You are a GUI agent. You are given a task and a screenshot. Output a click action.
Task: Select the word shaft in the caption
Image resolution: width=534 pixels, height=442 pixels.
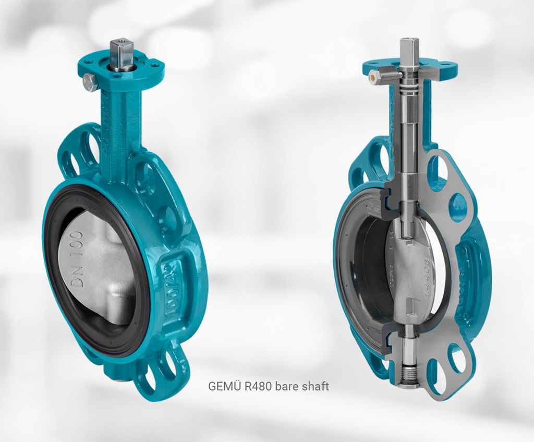click(x=316, y=387)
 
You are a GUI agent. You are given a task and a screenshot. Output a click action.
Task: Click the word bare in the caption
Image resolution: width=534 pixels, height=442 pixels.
click(x=286, y=387)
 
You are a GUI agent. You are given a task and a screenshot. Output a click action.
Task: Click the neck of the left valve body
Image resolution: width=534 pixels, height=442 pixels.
click(x=120, y=125)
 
